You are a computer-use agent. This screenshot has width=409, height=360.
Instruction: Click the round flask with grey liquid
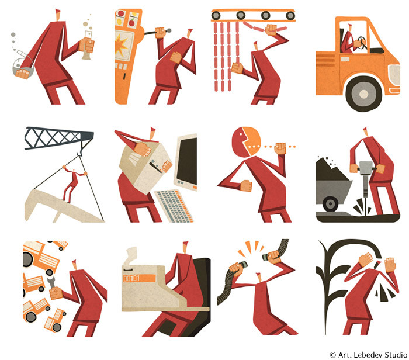click(23, 65)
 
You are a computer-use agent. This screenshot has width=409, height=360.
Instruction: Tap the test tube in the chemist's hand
click(87, 45)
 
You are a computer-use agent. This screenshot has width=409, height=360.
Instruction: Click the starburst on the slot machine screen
click(122, 45)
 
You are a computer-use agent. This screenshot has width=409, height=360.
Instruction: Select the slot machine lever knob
click(169, 30)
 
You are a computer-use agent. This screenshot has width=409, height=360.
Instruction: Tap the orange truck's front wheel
click(363, 94)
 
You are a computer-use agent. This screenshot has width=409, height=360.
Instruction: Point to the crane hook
click(79, 151)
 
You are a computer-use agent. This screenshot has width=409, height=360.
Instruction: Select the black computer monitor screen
click(187, 161)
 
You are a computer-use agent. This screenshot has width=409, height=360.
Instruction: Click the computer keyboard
click(174, 206)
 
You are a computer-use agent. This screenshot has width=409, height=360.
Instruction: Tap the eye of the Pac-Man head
click(241, 134)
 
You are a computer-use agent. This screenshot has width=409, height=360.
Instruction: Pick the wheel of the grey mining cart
click(330, 204)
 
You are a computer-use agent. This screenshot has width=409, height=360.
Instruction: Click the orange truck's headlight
click(394, 75)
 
